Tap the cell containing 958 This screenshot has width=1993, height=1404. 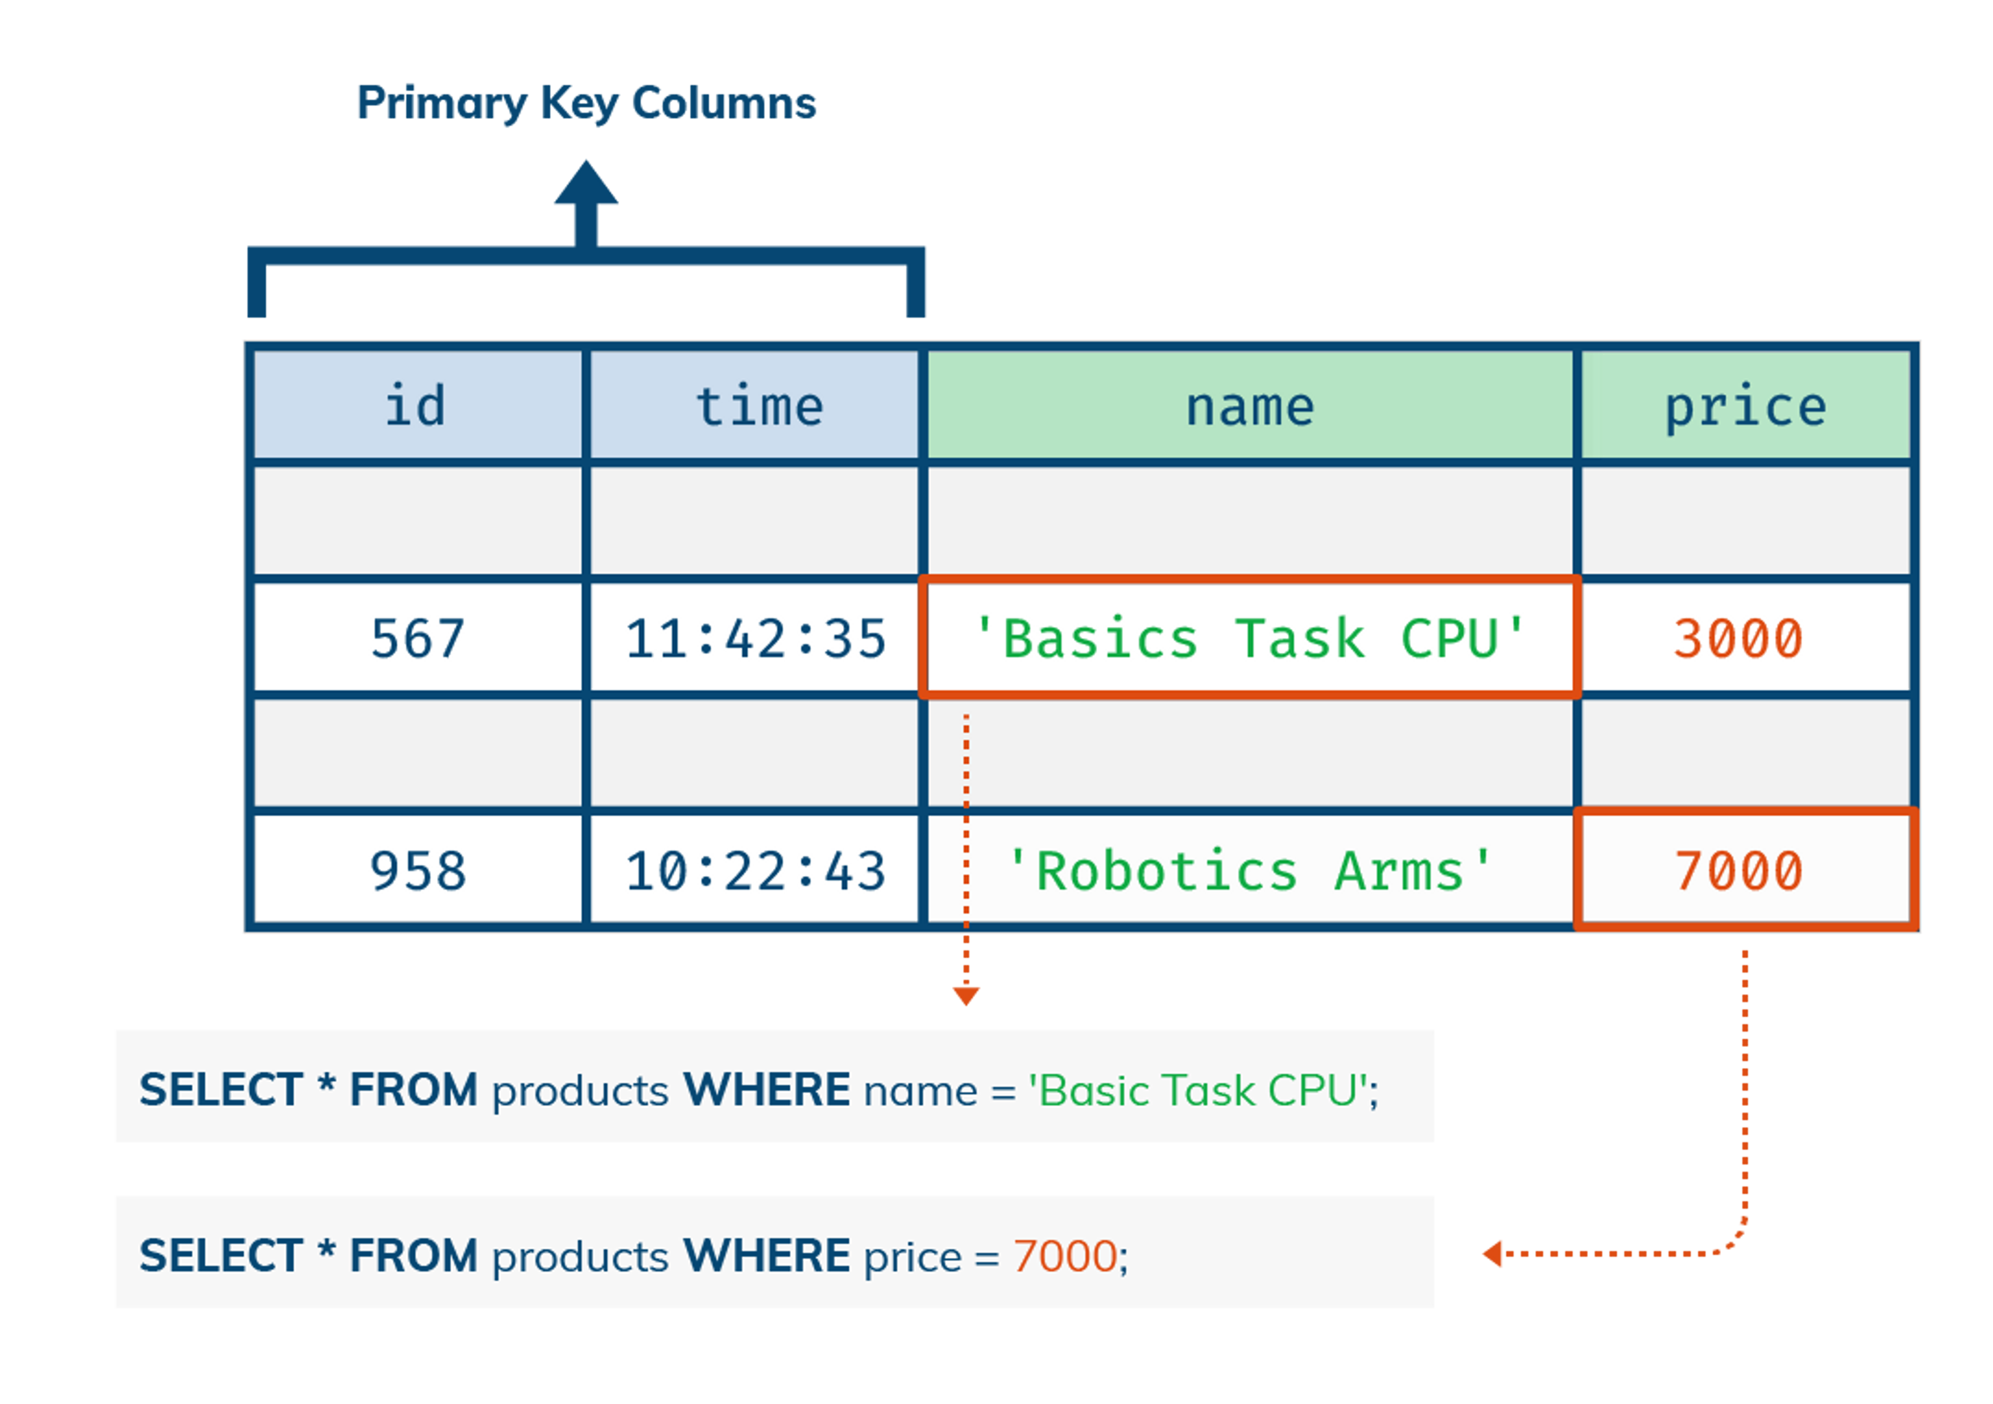[417, 870]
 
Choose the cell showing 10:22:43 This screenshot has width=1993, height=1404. [755, 870]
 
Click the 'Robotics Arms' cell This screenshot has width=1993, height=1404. [1250, 870]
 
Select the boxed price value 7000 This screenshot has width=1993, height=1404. [1738, 870]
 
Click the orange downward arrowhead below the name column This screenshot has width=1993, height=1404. [966, 996]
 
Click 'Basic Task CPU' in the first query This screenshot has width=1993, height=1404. [1198, 1090]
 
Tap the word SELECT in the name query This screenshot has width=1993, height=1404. [221, 1090]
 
